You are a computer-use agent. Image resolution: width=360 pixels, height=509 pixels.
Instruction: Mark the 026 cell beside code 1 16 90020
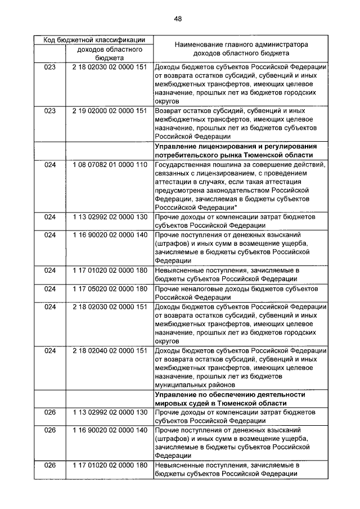(51, 430)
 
